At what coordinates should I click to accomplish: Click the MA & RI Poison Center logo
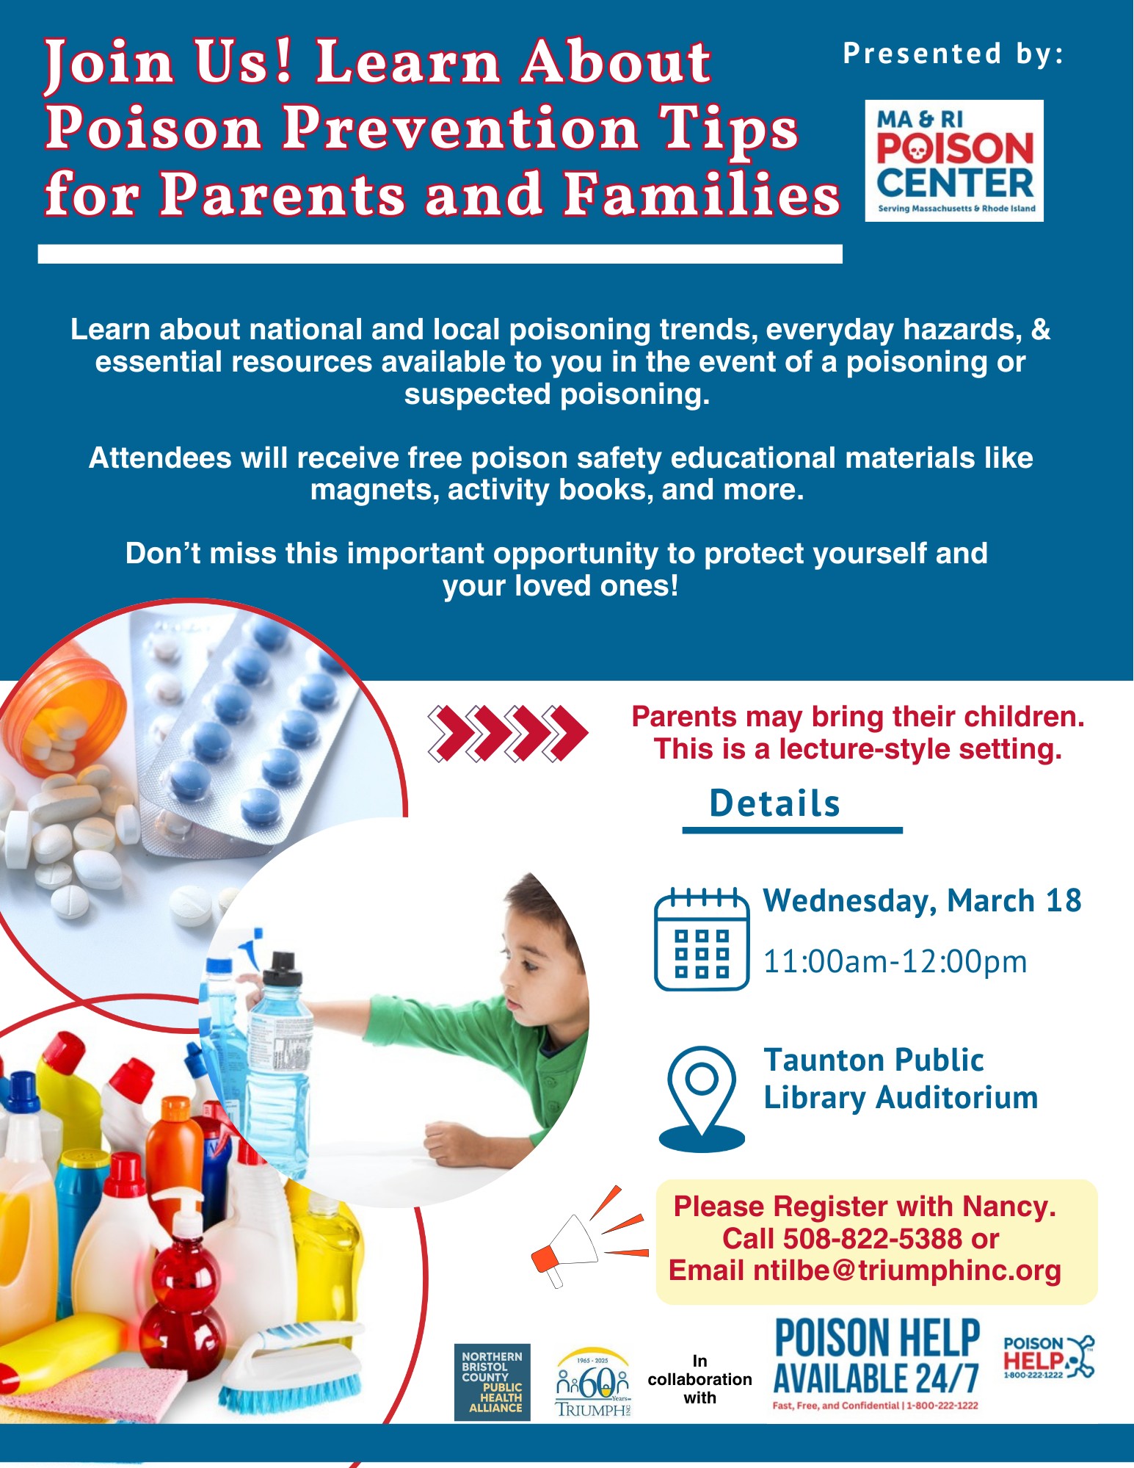point(954,161)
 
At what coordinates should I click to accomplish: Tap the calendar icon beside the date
point(702,939)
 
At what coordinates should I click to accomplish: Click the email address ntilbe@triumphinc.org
point(907,1270)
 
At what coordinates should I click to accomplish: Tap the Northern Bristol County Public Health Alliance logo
point(493,1382)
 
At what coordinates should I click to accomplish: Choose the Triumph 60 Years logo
point(593,1382)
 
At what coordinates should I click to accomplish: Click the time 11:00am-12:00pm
point(895,961)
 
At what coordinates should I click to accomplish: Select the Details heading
point(775,803)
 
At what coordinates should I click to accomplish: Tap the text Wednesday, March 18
point(923,901)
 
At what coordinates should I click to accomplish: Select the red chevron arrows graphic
point(508,733)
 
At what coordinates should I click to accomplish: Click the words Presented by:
point(953,54)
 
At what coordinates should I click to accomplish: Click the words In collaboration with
point(699,1379)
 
